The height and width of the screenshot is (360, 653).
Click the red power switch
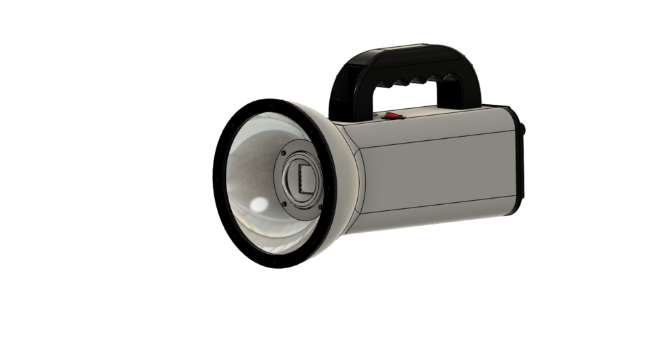[392, 116]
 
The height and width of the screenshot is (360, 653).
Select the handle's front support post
[342, 92]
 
